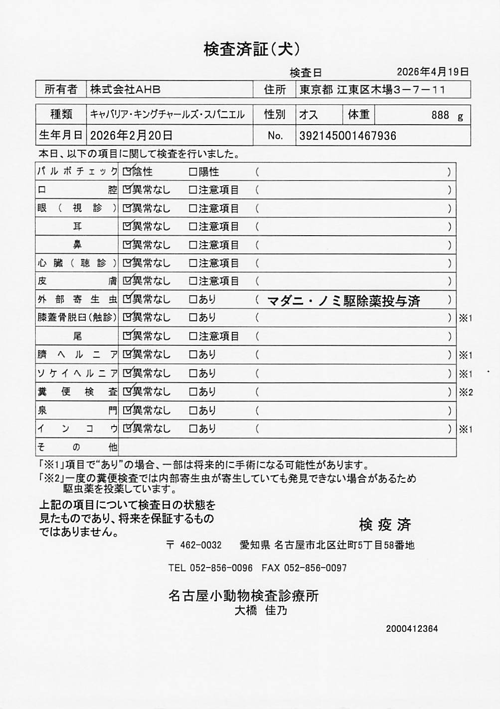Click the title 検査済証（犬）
point(251,49)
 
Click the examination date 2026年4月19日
point(432,72)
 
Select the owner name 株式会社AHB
point(125,90)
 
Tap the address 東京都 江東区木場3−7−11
point(372,90)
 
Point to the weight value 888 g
point(447,115)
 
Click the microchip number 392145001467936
point(347,136)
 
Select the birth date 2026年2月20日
point(131,135)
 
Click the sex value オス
point(308,115)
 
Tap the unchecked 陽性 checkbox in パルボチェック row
point(193,172)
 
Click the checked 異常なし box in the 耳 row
point(127,226)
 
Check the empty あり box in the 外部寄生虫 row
point(193,299)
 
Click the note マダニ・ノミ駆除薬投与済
point(343,301)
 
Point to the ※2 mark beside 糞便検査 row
point(466,392)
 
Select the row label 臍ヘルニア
point(77,355)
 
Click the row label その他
point(77,447)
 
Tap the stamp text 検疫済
point(385,524)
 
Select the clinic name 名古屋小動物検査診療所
point(243,595)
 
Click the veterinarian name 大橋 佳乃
point(261,610)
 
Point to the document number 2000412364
point(412,629)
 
